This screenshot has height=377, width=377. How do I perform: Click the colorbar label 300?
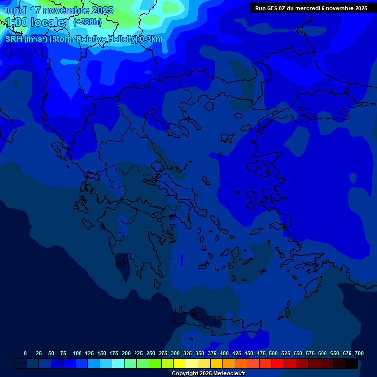click(x=175, y=353)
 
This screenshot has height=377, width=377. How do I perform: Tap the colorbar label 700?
click(x=359, y=353)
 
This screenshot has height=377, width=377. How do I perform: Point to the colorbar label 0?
click(x=25, y=353)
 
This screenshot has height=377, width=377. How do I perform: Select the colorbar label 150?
click(x=102, y=353)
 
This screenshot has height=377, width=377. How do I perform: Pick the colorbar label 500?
click(x=273, y=353)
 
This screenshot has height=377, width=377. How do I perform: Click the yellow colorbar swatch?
click(x=180, y=364)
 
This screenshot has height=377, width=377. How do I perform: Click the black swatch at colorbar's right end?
click(x=351, y=364)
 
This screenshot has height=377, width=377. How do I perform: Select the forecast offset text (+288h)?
click(x=87, y=22)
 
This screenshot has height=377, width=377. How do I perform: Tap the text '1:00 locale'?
click(x=35, y=22)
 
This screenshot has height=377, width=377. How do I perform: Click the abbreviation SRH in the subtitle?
click(x=14, y=39)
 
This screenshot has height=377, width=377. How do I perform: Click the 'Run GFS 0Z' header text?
click(x=269, y=8)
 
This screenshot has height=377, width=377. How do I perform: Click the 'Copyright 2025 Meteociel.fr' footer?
click(x=208, y=374)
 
